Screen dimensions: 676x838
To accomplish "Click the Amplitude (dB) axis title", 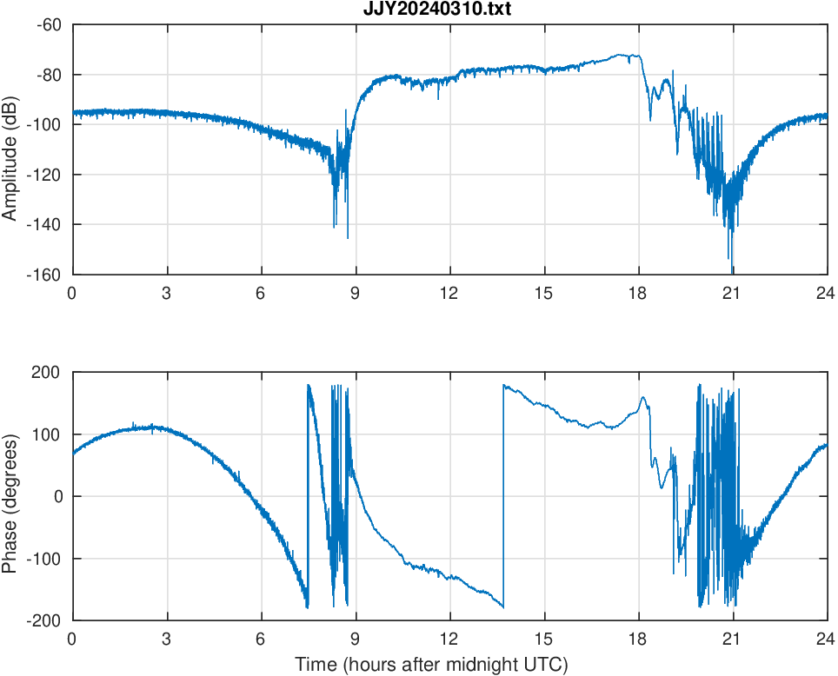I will pyautogui.click(x=10, y=149).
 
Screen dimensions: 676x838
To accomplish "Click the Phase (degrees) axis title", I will pyautogui.click(x=10, y=497).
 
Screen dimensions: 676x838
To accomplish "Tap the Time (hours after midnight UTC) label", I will pyautogui.click(x=431, y=665).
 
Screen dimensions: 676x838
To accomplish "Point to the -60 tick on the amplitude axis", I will pyautogui.click(x=49, y=24).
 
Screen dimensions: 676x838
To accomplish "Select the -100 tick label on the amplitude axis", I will pyautogui.click(x=45, y=124).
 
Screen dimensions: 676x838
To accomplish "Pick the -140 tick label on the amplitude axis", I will pyautogui.click(x=45, y=224).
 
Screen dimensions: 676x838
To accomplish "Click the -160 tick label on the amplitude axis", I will pyautogui.click(x=45, y=275).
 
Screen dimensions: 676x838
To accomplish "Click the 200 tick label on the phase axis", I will pyautogui.click(x=49, y=373).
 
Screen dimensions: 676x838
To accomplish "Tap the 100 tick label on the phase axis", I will pyautogui.click(x=49, y=434).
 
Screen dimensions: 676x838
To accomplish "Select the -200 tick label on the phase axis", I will pyautogui.click(x=45, y=620).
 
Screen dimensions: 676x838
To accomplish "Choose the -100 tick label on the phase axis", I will pyautogui.click(x=45, y=559).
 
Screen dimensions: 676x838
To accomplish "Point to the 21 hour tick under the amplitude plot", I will pyautogui.click(x=733, y=294).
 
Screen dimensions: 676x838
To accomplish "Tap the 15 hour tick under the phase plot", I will pyautogui.click(x=544, y=639).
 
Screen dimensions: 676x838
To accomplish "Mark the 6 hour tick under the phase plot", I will pyautogui.click(x=261, y=639).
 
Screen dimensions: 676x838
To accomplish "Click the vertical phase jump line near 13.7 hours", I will pyautogui.click(x=503, y=495).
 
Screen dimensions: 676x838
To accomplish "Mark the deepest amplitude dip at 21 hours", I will pyautogui.click(x=733, y=268).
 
